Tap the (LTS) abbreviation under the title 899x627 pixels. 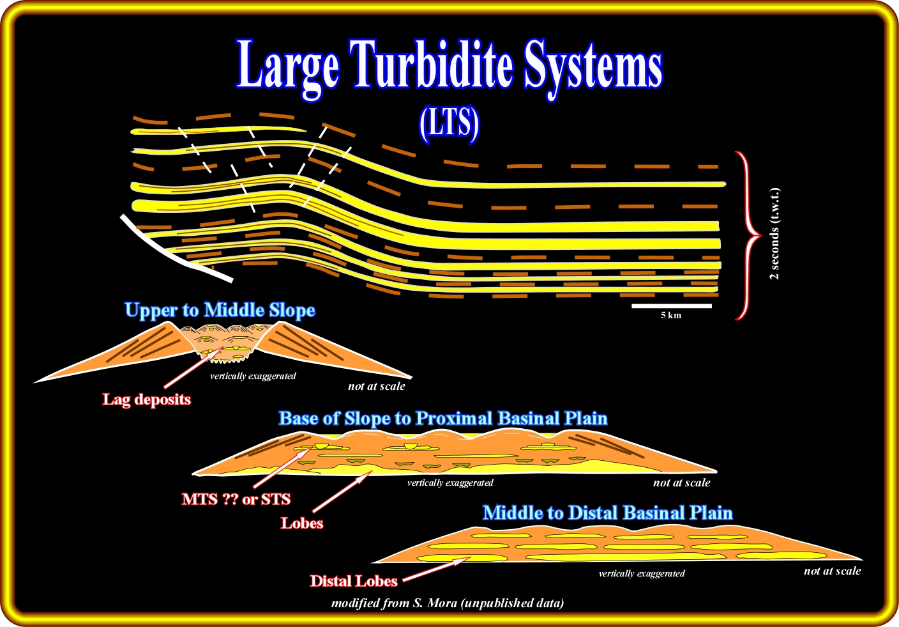[x=450, y=123]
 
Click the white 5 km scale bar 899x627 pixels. [x=671, y=306]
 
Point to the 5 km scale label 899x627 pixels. [x=671, y=316]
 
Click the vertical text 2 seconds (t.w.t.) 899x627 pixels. [x=774, y=234]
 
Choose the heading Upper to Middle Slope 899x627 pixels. [x=220, y=311]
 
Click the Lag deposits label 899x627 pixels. [x=147, y=400]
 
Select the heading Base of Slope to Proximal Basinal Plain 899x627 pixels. [x=442, y=419]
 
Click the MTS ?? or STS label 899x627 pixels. [x=236, y=499]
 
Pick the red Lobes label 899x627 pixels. [x=302, y=523]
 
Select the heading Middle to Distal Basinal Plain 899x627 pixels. [x=607, y=513]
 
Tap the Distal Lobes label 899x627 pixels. [x=354, y=582]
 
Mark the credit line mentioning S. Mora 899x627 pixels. [x=448, y=603]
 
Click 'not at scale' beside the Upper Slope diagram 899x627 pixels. [x=376, y=387]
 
